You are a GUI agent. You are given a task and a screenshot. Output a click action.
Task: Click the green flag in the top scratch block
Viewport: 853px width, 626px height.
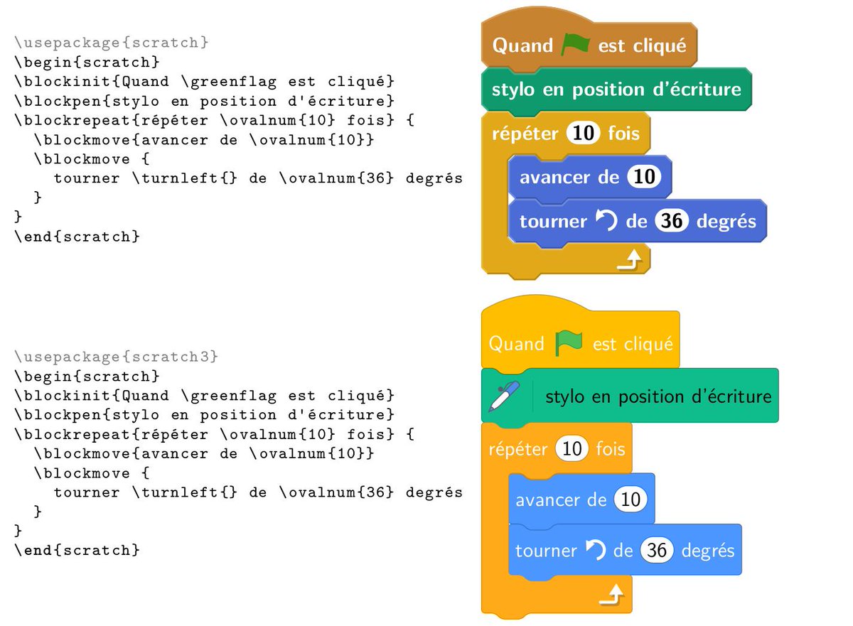pyautogui.click(x=575, y=44)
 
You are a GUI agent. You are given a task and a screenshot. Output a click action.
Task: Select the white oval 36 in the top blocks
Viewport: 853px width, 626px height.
pyautogui.click(x=672, y=221)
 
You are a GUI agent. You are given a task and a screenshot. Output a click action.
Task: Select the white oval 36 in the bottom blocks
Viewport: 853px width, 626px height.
pyautogui.click(x=657, y=551)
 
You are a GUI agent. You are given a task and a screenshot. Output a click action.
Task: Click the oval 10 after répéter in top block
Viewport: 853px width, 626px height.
pyautogui.click(x=584, y=134)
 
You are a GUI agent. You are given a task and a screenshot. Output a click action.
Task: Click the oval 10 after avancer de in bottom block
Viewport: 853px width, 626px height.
pyautogui.click(x=631, y=500)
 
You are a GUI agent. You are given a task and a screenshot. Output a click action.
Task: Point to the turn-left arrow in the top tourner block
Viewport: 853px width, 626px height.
pyautogui.click(x=606, y=221)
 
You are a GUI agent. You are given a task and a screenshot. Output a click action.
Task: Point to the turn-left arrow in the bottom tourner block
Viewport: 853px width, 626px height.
pyautogui.click(x=596, y=549)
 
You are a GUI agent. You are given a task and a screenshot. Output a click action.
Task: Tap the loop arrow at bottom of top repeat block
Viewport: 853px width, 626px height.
pyautogui.click(x=629, y=262)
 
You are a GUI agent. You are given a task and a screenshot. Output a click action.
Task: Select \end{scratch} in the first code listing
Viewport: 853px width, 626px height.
pyautogui.click(x=77, y=237)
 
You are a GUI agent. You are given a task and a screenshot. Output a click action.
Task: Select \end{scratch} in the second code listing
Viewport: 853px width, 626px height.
pyautogui.click(x=77, y=550)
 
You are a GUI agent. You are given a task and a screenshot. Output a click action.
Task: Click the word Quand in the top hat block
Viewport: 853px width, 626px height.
pyautogui.click(x=522, y=46)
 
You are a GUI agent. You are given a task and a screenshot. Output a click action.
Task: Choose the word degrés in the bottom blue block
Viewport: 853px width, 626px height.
pyautogui.click(x=707, y=551)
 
